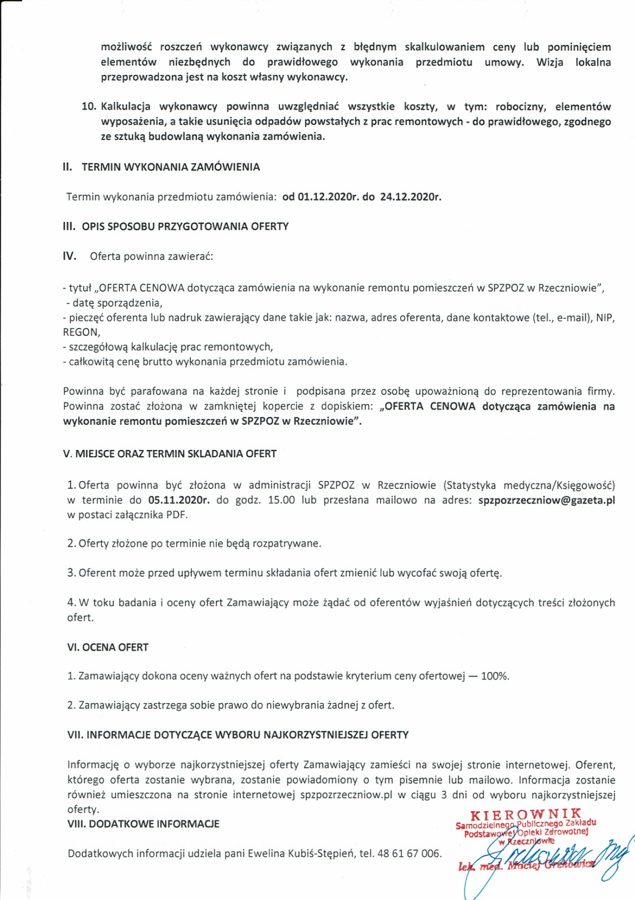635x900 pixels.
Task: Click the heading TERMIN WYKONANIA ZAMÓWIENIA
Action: (171, 167)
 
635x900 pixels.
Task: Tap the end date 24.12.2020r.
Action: (410, 197)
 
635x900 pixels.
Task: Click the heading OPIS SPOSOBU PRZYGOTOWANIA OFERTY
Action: (185, 227)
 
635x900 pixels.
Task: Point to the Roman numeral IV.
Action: (69, 256)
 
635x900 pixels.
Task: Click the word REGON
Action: (81, 332)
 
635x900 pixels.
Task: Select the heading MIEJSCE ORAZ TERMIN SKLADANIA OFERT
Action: (176, 454)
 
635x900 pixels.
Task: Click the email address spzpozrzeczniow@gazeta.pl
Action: (546, 500)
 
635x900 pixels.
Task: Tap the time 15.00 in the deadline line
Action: (281, 500)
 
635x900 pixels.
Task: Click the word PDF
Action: (176, 515)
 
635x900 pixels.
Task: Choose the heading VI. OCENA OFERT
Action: (108, 647)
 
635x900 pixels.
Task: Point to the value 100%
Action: (495, 676)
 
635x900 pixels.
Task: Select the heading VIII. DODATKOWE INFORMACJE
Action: (143, 824)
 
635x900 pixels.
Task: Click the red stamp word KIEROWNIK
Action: (526, 814)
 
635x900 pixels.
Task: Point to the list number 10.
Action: (89, 107)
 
